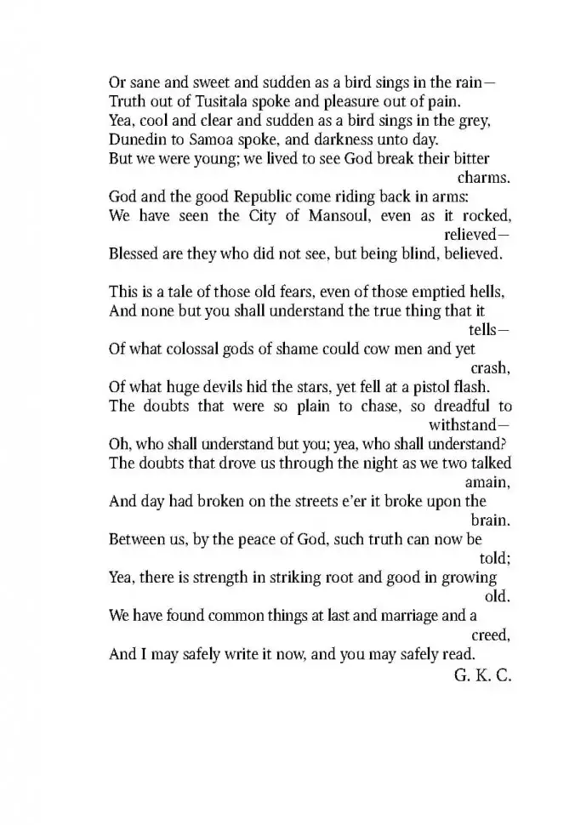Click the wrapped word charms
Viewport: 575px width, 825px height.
484,178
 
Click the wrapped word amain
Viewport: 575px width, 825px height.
487,481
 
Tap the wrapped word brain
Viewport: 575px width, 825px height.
491,519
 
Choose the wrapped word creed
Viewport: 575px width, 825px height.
491,634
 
